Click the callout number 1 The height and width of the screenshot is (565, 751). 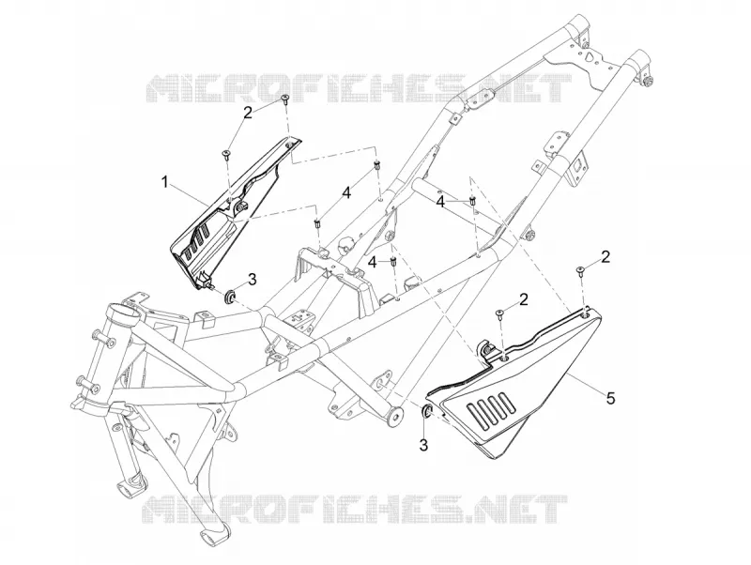click(x=165, y=182)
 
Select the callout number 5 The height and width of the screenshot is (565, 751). click(x=610, y=398)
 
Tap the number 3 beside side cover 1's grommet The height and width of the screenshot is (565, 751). click(x=253, y=279)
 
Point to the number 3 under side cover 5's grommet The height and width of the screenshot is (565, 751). click(x=424, y=444)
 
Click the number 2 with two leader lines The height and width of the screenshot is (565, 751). click(x=248, y=113)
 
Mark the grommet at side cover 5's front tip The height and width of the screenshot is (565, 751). click(x=427, y=411)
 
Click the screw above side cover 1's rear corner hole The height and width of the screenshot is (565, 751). click(x=285, y=99)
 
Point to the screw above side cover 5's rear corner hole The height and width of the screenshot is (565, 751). click(x=580, y=270)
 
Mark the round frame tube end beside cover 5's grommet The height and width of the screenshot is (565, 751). click(x=396, y=415)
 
